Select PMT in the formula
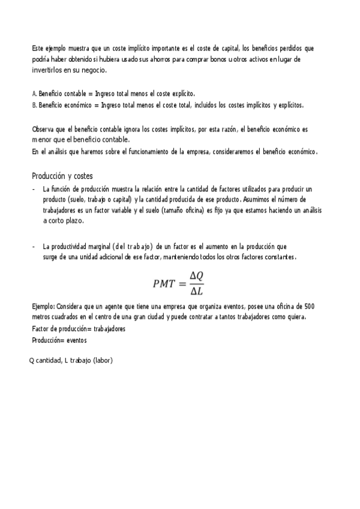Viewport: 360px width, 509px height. click(166, 282)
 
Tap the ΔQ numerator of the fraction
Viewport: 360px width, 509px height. click(197, 276)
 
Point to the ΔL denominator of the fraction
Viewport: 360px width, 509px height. click(196, 291)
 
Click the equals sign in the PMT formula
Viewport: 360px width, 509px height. click(182, 283)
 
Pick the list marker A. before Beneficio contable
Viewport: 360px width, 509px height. click(34, 94)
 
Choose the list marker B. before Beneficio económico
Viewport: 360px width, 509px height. click(34, 105)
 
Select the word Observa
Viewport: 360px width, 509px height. click(43, 129)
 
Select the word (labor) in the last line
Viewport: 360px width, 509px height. click(103, 360)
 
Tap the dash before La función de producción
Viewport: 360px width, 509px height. click(33, 188)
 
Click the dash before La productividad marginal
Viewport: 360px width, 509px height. click(33, 246)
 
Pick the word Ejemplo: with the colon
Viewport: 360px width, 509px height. click(44, 306)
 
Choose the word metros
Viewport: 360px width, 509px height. click(42, 317)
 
